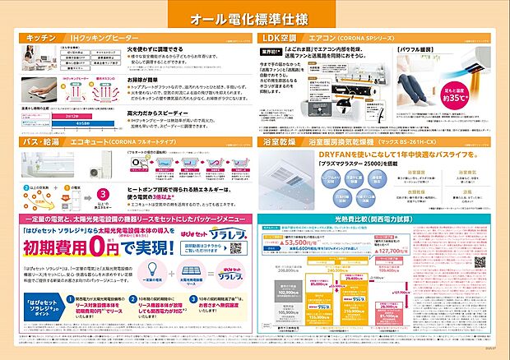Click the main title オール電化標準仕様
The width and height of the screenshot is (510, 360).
pos(254,18)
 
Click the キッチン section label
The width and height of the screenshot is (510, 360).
pos(40,38)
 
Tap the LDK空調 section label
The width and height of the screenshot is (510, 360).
pos(280,38)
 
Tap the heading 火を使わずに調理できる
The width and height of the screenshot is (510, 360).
pos(152,49)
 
